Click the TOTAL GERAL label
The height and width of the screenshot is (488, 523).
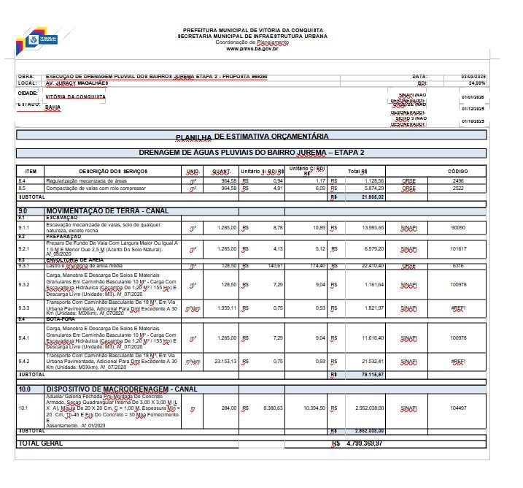point(41,443)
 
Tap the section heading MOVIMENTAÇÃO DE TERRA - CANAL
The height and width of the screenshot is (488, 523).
point(107,210)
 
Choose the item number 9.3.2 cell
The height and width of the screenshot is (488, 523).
point(26,284)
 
